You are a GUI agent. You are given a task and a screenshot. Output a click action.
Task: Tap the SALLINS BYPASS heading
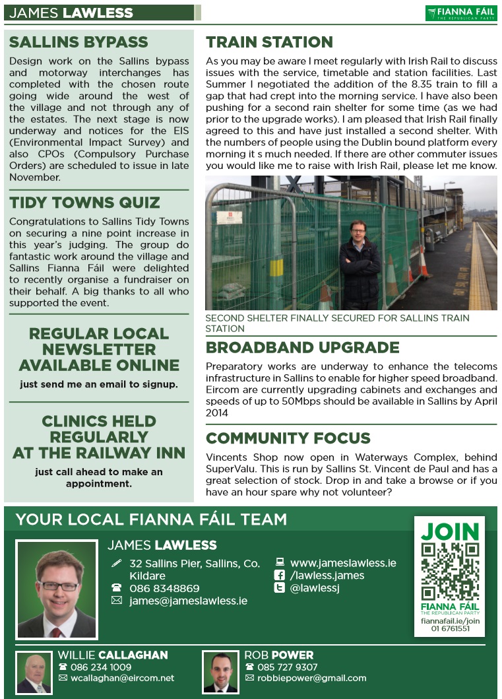click(78, 43)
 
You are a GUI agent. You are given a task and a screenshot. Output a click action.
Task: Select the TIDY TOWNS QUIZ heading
click(84, 203)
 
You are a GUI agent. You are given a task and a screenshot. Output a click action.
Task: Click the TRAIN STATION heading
click(269, 43)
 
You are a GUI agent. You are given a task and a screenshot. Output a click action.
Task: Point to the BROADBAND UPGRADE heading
click(303, 348)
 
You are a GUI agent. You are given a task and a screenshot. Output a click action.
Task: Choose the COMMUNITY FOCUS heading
click(288, 438)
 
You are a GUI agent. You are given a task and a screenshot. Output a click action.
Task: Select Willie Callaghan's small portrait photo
click(34, 673)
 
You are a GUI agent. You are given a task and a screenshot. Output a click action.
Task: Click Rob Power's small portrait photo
click(220, 673)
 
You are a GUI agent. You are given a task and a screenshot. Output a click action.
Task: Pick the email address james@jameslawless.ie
click(189, 601)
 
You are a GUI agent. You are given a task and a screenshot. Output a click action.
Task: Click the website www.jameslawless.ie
click(343, 563)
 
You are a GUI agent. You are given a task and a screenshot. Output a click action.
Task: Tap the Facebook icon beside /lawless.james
click(279, 576)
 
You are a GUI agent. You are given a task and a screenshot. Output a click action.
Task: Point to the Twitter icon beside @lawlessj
click(279, 588)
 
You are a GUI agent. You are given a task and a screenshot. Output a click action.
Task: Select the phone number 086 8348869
click(164, 588)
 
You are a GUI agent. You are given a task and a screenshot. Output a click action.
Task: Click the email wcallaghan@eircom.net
click(123, 678)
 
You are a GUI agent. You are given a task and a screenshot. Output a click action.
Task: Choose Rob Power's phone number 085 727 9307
click(288, 667)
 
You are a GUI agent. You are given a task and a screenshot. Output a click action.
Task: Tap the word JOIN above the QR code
click(450, 531)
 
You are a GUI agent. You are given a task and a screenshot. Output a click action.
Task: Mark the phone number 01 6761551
click(451, 629)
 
